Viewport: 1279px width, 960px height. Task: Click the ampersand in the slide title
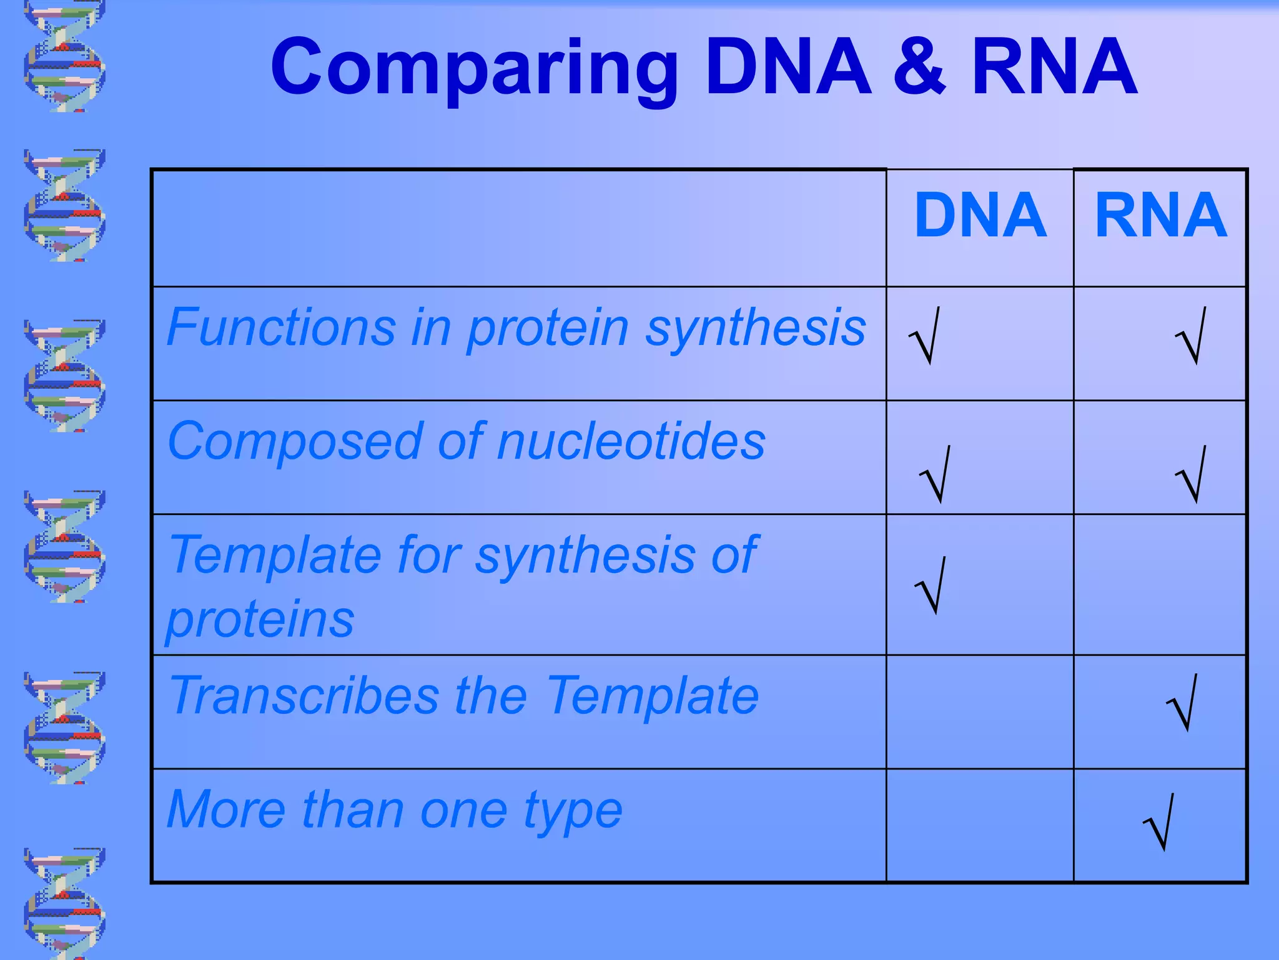tap(919, 67)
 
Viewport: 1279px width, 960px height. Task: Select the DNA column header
tap(980, 216)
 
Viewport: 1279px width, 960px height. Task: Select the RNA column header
tap(1160, 216)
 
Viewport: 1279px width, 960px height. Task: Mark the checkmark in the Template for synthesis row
tap(931, 586)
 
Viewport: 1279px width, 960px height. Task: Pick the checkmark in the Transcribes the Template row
tap(1182, 703)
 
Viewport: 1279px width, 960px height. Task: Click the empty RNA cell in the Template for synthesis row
tap(1160, 584)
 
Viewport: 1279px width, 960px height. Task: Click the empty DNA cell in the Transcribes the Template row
tap(980, 712)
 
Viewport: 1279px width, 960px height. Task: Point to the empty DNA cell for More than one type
tap(980, 826)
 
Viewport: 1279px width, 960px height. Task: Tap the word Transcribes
tap(305, 696)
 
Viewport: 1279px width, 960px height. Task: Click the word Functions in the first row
tap(281, 327)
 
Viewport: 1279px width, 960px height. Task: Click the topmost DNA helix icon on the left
tap(64, 56)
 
